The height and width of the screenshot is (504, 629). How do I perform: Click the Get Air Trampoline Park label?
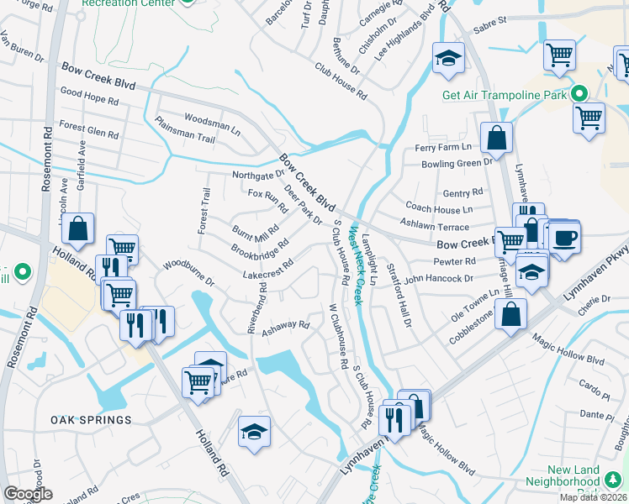505,94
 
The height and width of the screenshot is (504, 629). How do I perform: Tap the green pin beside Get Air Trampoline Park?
579,93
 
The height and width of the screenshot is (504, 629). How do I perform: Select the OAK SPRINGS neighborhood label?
91,420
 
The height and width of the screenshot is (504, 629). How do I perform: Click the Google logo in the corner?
29,494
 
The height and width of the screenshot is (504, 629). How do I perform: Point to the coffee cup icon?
565,237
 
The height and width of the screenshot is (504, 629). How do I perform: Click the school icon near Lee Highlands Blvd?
448,58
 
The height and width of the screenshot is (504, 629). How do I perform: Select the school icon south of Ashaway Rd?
254,433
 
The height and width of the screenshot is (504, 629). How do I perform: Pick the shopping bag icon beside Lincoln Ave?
77,229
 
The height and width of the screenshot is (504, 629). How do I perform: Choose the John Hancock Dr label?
439,278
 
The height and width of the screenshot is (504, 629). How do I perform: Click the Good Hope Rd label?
89,98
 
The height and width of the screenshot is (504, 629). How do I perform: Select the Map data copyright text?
594,497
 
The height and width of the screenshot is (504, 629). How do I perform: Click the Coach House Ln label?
438,208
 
